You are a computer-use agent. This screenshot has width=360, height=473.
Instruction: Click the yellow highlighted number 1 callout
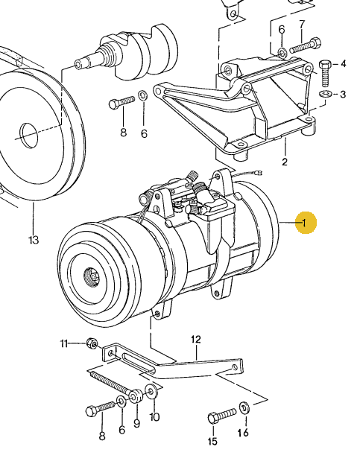coord(305,222)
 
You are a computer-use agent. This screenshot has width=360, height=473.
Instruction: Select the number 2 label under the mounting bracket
coord(284,162)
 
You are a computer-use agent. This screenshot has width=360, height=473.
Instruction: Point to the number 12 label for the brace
coord(196,340)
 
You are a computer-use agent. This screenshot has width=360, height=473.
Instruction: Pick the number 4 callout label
coord(344,64)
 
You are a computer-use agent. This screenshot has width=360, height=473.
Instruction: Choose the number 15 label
coord(213,442)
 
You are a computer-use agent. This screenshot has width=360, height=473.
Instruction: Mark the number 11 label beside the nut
coord(64,343)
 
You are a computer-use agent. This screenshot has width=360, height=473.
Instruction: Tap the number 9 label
coord(136,424)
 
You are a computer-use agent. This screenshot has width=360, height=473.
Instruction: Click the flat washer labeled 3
coord(326,95)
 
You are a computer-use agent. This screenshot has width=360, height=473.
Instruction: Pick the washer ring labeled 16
coord(244,407)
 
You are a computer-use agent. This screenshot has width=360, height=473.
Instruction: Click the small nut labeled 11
coord(91,343)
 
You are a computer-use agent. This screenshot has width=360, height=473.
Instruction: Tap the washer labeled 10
coord(151,392)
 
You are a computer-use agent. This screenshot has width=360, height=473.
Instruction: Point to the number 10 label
coord(154,417)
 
